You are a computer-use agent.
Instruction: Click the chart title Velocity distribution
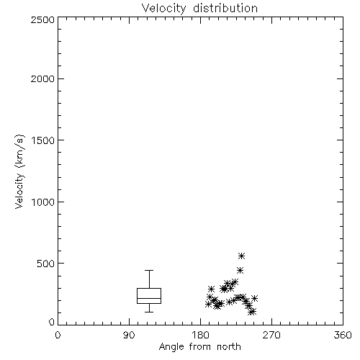(x=199, y=9)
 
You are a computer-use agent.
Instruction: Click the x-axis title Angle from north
(x=199, y=346)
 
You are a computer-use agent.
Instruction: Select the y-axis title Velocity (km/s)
(x=19, y=171)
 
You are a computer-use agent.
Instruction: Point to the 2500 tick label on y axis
(x=42, y=19)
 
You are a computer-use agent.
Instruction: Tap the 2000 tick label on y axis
(x=42, y=78)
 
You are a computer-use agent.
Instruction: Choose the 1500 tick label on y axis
(x=43, y=140)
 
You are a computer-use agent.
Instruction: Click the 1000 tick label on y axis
(x=43, y=202)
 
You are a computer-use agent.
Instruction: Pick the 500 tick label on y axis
(x=46, y=264)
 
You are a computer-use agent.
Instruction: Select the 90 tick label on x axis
(x=129, y=335)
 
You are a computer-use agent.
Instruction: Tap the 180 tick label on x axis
(x=200, y=335)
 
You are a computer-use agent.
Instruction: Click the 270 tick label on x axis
(x=271, y=335)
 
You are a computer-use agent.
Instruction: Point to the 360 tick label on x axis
(x=343, y=335)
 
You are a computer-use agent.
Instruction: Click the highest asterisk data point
(x=241, y=256)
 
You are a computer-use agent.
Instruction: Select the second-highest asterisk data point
(x=240, y=271)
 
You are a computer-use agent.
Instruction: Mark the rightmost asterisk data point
(x=254, y=298)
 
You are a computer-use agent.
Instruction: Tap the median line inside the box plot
(x=149, y=298)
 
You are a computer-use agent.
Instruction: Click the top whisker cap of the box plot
(x=149, y=271)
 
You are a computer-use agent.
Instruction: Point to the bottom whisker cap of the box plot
(x=149, y=312)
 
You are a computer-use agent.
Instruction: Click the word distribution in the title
(x=225, y=9)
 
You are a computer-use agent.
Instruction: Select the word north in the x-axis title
(x=229, y=346)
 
